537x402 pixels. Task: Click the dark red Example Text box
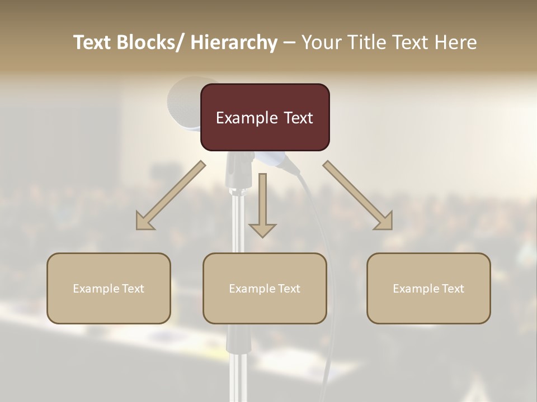[265, 117]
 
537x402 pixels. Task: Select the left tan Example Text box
[109, 288]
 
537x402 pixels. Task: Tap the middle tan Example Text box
[265, 288]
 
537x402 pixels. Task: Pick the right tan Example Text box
[428, 288]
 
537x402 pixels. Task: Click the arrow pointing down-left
[171, 195]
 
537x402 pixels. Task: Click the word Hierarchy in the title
[234, 42]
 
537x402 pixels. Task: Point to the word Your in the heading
[321, 42]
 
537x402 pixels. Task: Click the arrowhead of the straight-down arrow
[262, 230]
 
